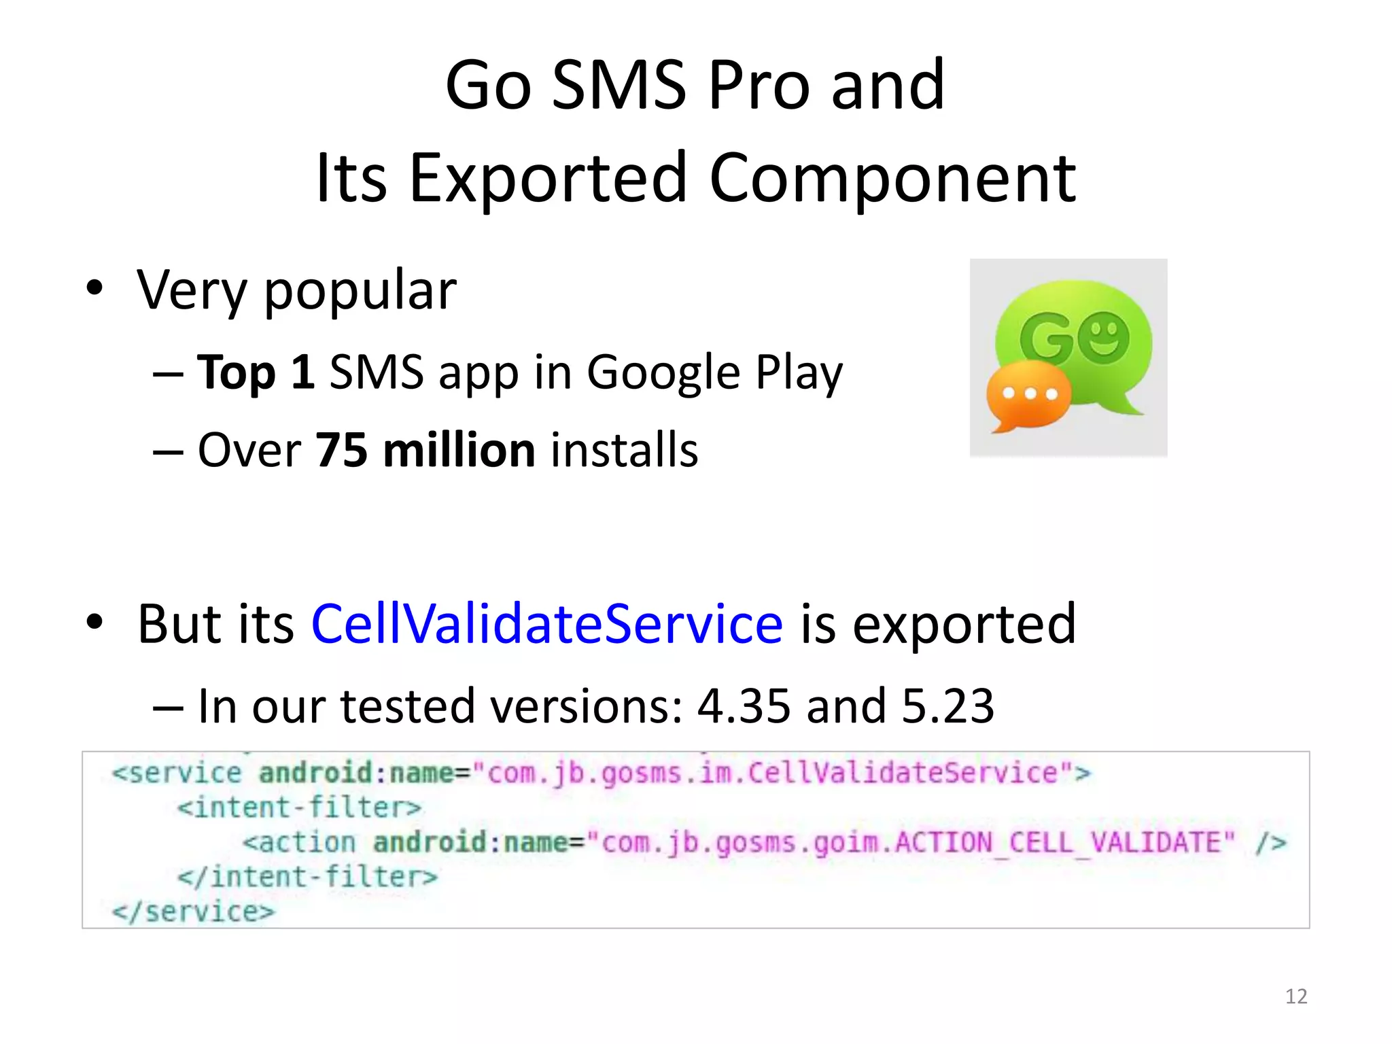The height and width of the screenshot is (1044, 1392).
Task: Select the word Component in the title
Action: point(892,178)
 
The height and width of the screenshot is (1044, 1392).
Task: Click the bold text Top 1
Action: point(256,372)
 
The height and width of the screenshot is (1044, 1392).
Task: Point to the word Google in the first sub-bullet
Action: point(663,372)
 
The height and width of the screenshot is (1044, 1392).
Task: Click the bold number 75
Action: point(341,450)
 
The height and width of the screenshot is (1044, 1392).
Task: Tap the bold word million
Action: point(459,450)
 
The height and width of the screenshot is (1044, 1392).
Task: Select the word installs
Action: point(624,450)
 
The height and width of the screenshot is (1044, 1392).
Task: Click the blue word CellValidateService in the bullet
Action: point(547,623)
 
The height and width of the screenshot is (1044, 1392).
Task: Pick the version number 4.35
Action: point(744,706)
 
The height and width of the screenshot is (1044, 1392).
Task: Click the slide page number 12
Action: point(1296,996)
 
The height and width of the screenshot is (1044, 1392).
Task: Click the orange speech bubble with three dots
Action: point(1028,396)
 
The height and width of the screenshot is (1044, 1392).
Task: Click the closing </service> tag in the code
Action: point(193,911)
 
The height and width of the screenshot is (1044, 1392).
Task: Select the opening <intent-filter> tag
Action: point(299,807)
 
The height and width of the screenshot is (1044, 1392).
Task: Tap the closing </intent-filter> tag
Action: point(307,877)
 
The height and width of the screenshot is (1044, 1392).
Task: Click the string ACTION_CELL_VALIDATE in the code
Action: point(1064,843)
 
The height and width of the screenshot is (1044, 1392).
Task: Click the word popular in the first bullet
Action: point(360,290)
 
